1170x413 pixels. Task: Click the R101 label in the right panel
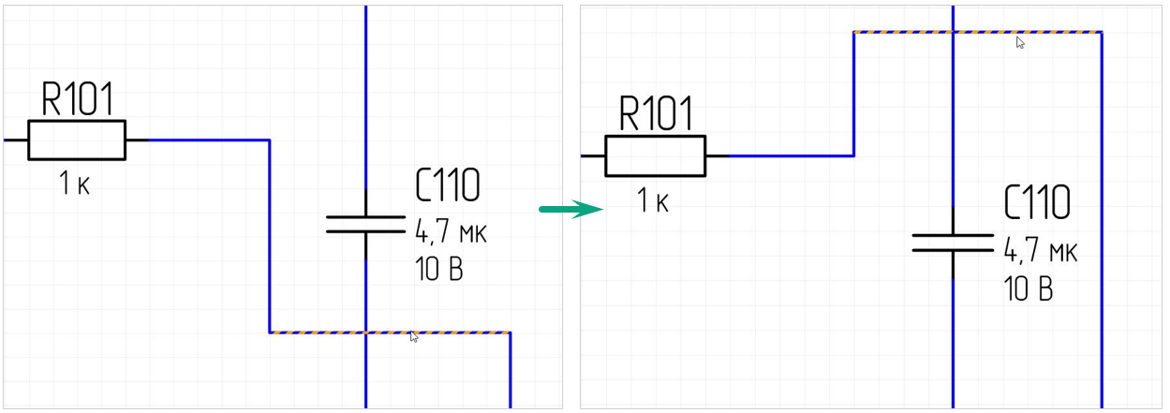coord(657,114)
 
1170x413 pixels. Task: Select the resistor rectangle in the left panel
coord(77,140)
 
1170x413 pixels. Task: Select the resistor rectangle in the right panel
coord(655,155)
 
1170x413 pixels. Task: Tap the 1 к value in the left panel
coord(75,184)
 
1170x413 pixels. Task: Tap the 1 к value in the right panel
coord(654,199)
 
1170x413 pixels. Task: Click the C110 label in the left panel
coord(447,186)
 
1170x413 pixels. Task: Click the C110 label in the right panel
coord(1036,202)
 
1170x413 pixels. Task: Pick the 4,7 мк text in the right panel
coord(1040,250)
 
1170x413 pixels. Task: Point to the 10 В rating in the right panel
coord(1028,288)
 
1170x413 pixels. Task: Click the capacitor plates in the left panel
coord(365,224)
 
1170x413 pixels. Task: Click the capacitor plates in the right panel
coord(953,243)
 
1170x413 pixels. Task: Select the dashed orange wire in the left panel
coord(318,332)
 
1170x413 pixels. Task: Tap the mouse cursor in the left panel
coord(414,337)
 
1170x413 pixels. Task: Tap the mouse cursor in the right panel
coord(1020,42)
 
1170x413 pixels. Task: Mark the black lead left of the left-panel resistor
coord(16,140)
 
